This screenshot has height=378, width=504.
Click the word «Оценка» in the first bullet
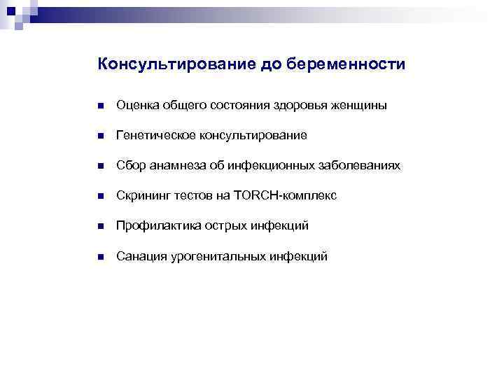(x=137, y=106)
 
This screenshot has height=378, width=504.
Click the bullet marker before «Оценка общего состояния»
(x=101, y=106)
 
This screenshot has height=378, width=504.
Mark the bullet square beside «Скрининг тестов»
(x=101, y=197)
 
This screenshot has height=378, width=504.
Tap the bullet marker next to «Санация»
(x=101, y=258)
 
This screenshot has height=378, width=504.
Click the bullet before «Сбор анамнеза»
(x=101, y=166)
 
